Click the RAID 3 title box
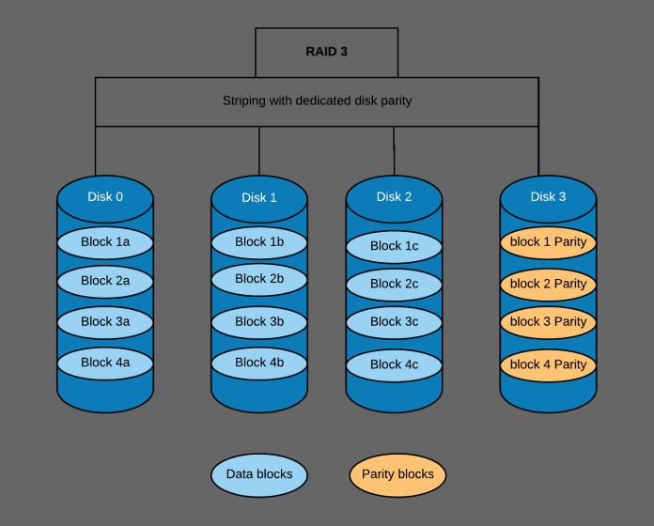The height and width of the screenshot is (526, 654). [325, 52]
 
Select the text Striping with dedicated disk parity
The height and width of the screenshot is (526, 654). [317, 101]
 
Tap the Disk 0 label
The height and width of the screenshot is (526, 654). [105, 197]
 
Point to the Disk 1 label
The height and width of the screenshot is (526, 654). [259, 198]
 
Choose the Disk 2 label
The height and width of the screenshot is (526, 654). [394, 197]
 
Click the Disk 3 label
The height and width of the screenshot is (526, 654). [548, 197]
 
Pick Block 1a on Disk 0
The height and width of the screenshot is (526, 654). [105, 242]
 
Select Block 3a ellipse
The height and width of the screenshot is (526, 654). [105, 322]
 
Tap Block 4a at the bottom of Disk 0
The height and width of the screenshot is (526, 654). [105, 363]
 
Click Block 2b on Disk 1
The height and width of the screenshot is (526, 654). [259, 279]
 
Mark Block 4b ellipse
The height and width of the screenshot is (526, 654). [259, 363]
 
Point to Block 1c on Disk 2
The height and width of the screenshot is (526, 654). [394, 246]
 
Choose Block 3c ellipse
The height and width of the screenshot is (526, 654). [394, 322]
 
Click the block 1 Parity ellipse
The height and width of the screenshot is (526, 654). [548, 242]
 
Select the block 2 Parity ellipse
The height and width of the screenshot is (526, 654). [548, 284]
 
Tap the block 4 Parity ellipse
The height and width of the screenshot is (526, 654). [548, 364]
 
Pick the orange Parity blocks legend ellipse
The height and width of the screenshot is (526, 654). [397, 474]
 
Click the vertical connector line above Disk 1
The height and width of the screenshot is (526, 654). [259, 150]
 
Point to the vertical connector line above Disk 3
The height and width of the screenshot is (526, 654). [538, 150]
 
